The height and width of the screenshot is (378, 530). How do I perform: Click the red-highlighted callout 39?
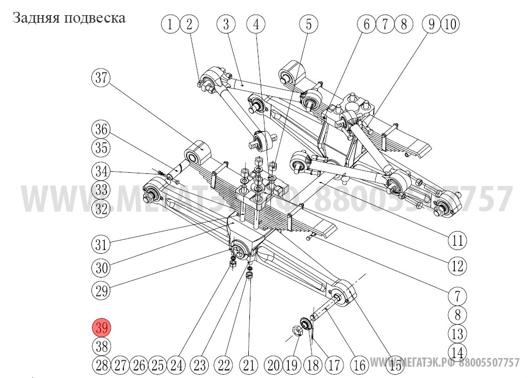(x=102, y=328)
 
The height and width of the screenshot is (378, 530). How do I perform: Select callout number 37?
(x=101, y=78)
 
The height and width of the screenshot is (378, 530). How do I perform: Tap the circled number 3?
(x=226, y=24)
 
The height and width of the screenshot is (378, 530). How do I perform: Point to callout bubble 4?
(x=256, y=24)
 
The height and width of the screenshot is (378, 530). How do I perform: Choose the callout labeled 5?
(x=309, y=24)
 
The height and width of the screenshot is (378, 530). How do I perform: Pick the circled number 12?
(x=458, y=266)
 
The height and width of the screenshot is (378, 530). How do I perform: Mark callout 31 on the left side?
(x=101, y=244)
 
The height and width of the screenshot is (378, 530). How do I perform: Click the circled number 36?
(x=101, y=130)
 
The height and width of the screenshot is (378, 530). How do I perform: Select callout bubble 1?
(x=171, y=24)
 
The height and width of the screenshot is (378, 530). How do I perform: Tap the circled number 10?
(x=451, y=24)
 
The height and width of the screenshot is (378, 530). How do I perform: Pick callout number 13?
(x=458, y=333)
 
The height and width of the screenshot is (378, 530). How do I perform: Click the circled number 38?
(x=102, y=346)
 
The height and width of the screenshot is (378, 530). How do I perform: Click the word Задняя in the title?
(x=36, y=18)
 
